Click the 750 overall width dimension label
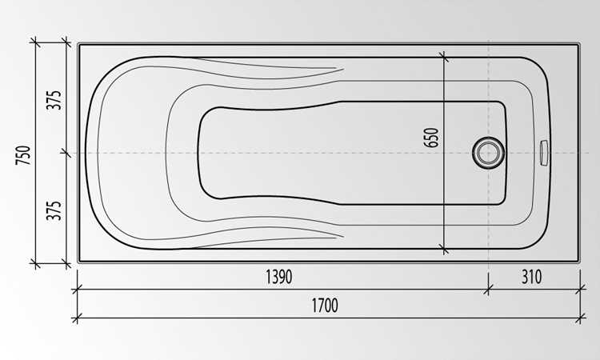coord(23,155)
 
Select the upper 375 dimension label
coord(54,100)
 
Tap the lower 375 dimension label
coord(54,210)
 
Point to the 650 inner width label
coord(431,138)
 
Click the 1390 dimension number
coord(279,277)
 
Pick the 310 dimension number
coord(531,277)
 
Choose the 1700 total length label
coord(325,306)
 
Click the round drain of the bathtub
coord(488,153)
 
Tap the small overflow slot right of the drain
coord(544,153)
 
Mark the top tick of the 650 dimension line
coord(444,57)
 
